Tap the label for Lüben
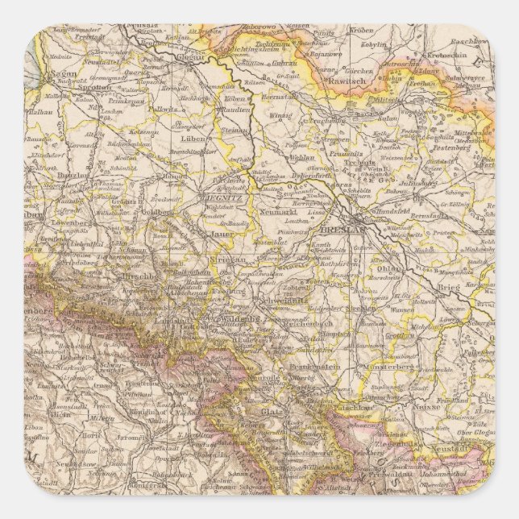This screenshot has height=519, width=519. tap(191, 139)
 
